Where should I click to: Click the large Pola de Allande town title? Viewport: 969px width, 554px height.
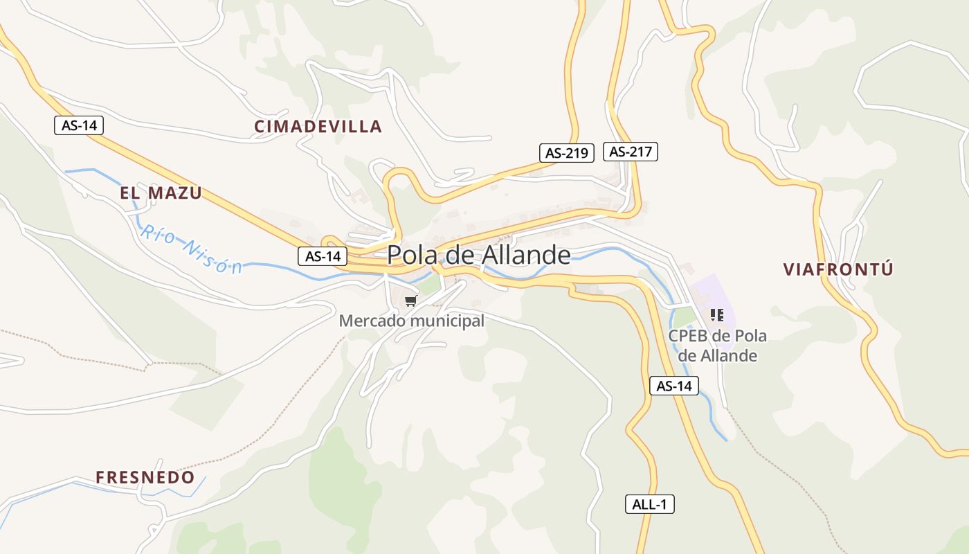478,255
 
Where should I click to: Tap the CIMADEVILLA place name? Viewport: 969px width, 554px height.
318,126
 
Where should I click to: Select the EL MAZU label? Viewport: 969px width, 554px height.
161,193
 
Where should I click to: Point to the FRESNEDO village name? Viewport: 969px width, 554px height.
145,477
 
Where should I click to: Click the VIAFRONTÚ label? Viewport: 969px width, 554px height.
838,269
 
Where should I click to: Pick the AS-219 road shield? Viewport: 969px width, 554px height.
566,153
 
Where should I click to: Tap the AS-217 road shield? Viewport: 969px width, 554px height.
630,151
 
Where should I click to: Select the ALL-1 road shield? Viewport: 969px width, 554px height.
649,504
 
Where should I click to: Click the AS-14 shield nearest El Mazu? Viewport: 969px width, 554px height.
79,125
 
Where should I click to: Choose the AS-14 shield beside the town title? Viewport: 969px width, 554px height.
323,256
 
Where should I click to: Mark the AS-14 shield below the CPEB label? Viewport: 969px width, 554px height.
674,386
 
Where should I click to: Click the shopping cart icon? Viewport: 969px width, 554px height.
411,301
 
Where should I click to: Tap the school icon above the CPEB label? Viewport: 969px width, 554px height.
717,315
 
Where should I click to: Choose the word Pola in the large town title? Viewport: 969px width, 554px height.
411,255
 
